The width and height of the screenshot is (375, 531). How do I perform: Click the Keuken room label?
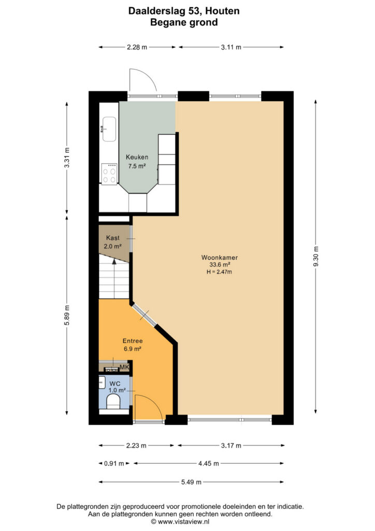(137, 157)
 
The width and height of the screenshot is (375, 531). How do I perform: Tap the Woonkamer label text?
(220, 257)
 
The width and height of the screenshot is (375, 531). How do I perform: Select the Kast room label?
(112, 237)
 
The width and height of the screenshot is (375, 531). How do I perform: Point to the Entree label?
(133, 341)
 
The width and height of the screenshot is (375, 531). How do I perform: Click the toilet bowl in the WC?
(113, 402)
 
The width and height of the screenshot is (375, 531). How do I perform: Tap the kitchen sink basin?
(109, 129)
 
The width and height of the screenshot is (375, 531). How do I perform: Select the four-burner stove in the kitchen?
(109, 174)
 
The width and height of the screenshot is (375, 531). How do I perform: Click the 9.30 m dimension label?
(316, 257)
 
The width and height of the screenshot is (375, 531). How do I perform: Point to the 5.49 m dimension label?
(192, 482)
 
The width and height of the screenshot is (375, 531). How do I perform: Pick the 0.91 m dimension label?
(114, 463)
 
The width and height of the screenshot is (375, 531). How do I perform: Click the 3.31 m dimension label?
(67, 158)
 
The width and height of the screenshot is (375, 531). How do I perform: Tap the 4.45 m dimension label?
(209, 463)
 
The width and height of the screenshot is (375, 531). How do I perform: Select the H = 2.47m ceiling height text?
(220, 272)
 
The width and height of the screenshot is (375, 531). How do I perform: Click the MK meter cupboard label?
(124, 367)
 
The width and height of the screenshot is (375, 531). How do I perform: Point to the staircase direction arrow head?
(114, 261)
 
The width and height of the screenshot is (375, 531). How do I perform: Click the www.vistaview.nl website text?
(183, 522)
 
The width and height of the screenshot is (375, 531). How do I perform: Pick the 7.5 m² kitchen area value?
(137, 166)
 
